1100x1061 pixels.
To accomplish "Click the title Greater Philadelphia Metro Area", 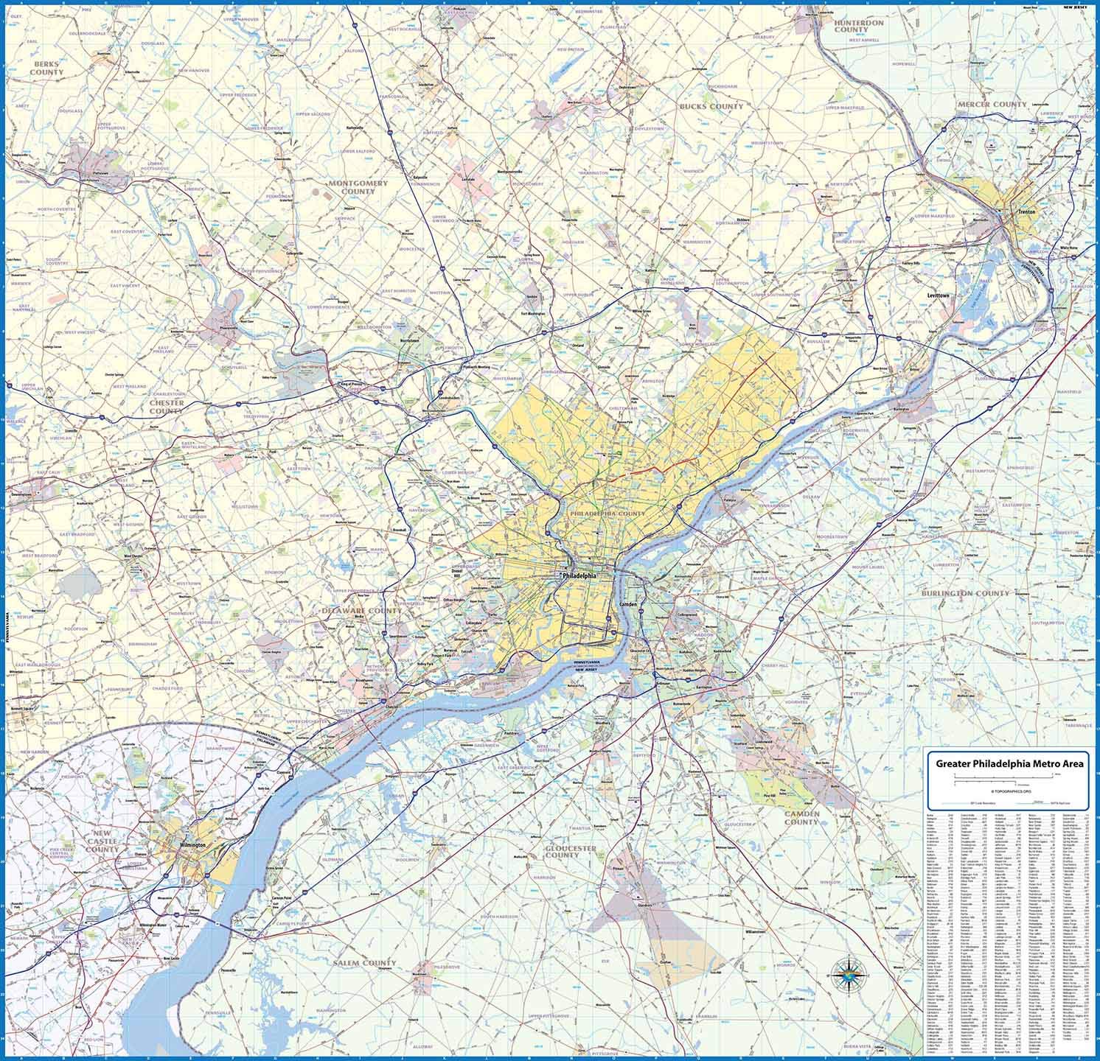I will click(1009, 764).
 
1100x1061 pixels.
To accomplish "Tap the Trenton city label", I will click(1026, 211).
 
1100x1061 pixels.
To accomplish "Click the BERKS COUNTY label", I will click(46, 69).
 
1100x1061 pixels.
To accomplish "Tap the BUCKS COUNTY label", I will click(714, 106).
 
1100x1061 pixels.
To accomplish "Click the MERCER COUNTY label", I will click(992, 105).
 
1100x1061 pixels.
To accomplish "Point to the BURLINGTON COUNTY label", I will click(965, 593).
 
